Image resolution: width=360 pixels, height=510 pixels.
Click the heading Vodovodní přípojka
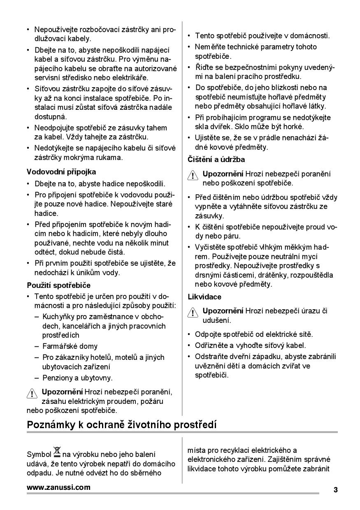pyautogui.click(x=61, y=172)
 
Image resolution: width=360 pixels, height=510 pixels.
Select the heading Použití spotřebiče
pyautogui.click(x=58, y=285)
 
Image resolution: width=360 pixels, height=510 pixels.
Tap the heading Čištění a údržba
pyautogui.click(x=216, y=160)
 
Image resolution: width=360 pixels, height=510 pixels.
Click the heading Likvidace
pyautogui.click(x=204, y=297)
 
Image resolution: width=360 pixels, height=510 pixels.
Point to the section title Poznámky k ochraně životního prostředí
pyautogui.click(x=121, y=424)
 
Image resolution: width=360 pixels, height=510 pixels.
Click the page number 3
pyautogui.click(x=335, y=489)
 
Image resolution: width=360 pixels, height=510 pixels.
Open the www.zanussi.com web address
pyautogui.click(x=58, y=488)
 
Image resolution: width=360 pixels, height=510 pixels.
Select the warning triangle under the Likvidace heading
pyautogui.click(x=193, y=312)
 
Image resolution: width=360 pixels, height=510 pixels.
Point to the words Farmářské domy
pyautogui.click(x=70, y=346)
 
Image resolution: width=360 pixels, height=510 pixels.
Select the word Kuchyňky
pyautogui.click(x=59, y=316)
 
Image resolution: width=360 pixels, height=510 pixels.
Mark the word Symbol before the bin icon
pyautogui.click(x=39, y=454)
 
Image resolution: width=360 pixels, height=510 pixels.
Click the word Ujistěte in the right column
pyautogui.click(x=209, y=137)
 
